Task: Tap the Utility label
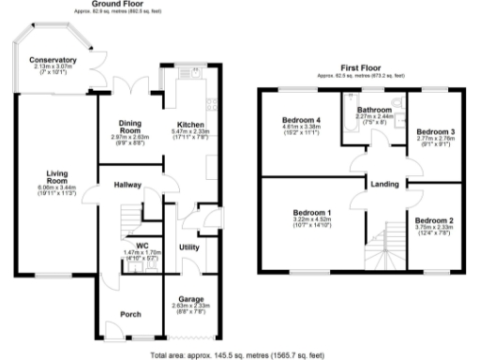click(188, 247)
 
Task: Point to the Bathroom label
click(374, 109)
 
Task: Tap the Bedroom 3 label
click(435, 130)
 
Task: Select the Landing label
click(382, 184)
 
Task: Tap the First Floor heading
click(359, 67)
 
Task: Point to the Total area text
click(240, 354)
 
